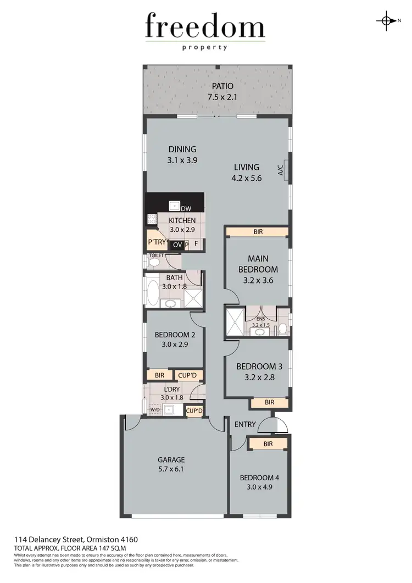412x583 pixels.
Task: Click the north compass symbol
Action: click(387, 21)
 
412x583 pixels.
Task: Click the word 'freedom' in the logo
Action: click(205, 26)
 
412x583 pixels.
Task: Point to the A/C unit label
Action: click(280, 170)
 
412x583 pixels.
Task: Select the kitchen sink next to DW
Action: click(175, 207)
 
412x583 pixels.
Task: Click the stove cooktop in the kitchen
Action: click(152, 219)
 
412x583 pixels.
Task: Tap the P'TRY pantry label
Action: click(157, 242)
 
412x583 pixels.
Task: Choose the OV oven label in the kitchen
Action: click(177, 245)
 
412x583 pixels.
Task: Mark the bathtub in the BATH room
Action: click(152, 291)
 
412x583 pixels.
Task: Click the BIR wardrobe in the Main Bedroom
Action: click(258, 232)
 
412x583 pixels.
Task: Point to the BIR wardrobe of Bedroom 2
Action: click(159, 375)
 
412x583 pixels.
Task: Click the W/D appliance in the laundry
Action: click(155, 410)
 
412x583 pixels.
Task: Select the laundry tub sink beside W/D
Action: click(172, 409)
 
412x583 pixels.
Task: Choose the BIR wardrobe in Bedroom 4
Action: click(268, 443)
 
